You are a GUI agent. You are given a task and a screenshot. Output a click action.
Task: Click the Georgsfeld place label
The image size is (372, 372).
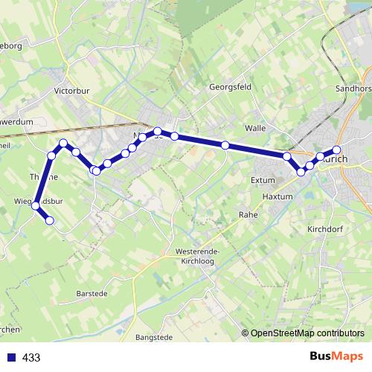click(x=231, y=86)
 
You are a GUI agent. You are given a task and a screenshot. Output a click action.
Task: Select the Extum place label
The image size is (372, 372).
click(x=263, y=180)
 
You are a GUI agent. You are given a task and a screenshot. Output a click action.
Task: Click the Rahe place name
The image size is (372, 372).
click(x=247, y=214)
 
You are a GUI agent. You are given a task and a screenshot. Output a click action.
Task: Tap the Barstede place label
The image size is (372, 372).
click(x=93, y=294)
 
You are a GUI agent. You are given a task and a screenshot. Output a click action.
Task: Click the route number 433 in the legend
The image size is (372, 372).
click(x=31, y=358)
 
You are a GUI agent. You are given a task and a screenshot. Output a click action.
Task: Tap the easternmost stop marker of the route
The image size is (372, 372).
click(x=336, y=150)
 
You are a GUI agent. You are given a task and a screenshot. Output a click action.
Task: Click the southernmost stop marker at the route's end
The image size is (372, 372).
click(x=50, y=220)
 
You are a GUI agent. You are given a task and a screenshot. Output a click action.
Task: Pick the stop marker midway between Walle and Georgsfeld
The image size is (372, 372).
click(x=225, y=144)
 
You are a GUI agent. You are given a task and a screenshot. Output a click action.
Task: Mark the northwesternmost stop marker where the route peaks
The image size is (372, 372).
click(x=64, y=143)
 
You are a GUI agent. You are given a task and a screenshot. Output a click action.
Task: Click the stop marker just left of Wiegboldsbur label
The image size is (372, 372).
click(x=34, y=206)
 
